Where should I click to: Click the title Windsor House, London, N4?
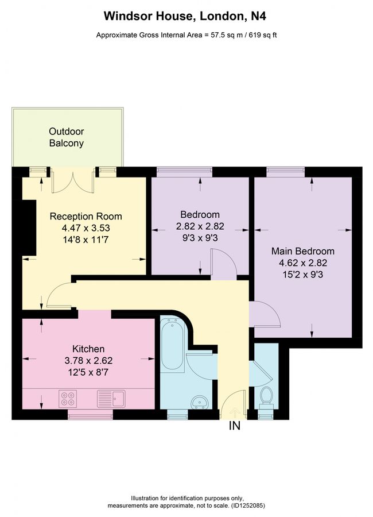pyautogui.click(x=187, y=17)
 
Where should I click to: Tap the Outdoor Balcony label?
pyautogui.click(x=66, y=137)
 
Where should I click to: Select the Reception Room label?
pyautogui.click(x=86, y=217)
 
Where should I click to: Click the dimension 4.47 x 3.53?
pyautogui.click(x=86, y=227)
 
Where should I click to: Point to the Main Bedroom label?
pyautogui.click(x=302, y=251)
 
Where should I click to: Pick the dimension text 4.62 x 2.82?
pyautogui.click(x=302, y=262)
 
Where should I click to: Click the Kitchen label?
pyautogui.click(x=88, y=349)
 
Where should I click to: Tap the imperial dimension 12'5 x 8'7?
pyautogui.click(x=88, y=371)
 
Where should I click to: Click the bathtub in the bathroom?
pyautogui.click(x=172, y=345)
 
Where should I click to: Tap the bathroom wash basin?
pyautogui.click(x=200, y=400)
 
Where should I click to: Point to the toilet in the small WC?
pyautogui.click(x=265, y=396)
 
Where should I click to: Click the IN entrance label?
pyautogui.click(x=234, y=426)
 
